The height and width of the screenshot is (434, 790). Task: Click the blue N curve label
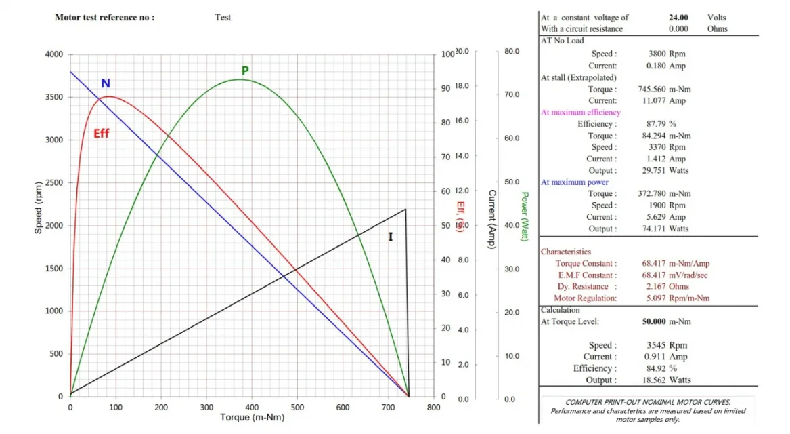click(106, 84)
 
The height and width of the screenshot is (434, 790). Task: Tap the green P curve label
click(245, 71)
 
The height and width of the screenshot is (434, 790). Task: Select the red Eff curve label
click(101, 134)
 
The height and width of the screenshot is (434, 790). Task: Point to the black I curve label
click(390, 237)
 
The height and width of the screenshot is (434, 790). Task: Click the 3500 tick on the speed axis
click(54, 97)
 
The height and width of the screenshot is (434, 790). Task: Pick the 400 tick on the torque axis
click(252, 408)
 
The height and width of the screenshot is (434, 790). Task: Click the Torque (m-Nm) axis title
click(252, 417)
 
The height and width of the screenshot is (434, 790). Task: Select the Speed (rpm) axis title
click(39, 208)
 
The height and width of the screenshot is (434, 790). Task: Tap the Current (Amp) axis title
click(492, 219)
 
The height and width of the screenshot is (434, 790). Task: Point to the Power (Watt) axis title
click(524, 216)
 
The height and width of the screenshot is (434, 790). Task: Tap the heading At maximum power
click(574, 182)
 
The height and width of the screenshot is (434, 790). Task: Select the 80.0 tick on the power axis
click(512, 51)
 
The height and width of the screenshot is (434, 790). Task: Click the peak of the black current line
click(405, 210)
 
